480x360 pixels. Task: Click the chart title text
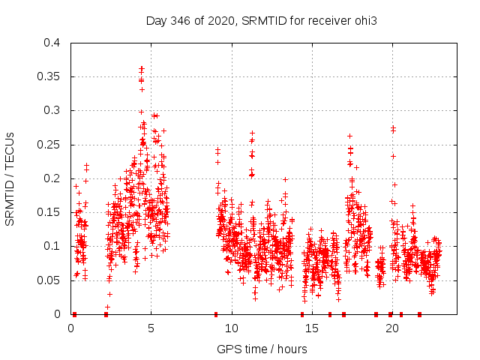(260, 21)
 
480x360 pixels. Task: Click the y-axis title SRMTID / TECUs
(10, 178)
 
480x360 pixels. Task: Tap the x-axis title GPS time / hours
(262, 349)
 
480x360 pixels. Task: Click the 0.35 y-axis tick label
(49, 76)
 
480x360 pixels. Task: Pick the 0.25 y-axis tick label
(49, 145)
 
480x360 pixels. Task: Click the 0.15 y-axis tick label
(49, 212)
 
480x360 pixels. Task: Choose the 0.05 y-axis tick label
(49, 280)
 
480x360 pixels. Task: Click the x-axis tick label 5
(151, 328)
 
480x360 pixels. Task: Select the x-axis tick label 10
(232, 328)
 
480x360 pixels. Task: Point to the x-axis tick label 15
(312, 328)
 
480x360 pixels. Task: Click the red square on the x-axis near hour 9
(216, 314)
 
